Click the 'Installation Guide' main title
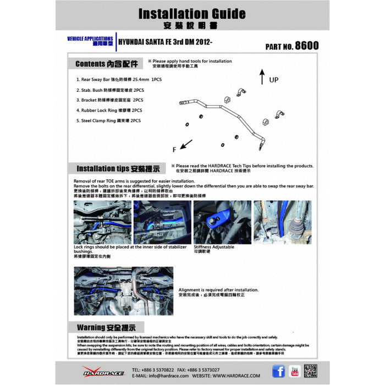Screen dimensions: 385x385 point(192,13)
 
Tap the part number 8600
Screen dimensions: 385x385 point(306,46)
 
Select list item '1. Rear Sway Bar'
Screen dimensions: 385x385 point(119,79)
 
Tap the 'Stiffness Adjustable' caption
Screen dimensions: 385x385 point(214,247)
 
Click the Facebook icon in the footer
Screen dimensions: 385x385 point(279,371)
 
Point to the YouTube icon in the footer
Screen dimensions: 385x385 point(294,371)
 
